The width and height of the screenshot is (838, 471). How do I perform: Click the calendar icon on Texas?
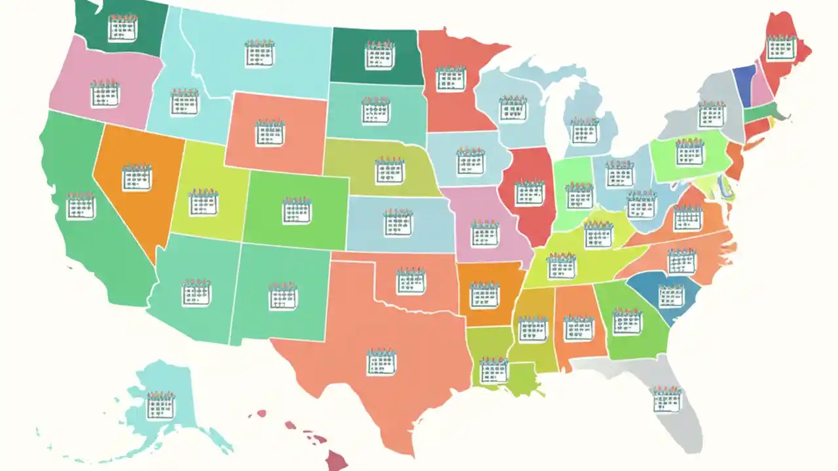click(381, 362)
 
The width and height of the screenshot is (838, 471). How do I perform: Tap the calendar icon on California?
click(81, 206)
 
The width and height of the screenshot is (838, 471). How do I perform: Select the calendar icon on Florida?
click(667, 399)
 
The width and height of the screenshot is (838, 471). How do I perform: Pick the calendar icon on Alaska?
click(160, 406)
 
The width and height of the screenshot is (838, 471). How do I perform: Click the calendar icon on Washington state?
click(122, 28)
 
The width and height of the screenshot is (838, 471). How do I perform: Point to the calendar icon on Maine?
click(781, 47)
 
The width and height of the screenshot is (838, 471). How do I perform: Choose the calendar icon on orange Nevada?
click(137, 177)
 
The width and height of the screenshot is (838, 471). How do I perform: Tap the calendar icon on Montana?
click(260, 53)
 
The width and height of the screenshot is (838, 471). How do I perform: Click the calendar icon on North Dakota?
click(380, 55)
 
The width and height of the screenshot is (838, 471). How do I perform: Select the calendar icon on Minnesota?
click(450, 78)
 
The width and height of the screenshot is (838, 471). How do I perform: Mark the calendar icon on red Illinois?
click(530, 193)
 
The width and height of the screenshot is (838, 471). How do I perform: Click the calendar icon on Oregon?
click(105, 93)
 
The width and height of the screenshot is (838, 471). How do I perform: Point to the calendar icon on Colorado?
click(297, 210)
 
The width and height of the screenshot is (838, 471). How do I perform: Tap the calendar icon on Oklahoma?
click(410, 281)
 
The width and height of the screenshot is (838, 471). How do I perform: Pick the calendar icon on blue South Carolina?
click(671, 295)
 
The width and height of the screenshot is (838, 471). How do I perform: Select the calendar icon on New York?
click(712, 114)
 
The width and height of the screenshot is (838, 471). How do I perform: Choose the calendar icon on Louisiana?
click(494, 370)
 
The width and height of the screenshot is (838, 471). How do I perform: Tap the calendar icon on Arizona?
click(196, 292)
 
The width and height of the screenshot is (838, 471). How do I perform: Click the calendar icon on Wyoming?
click(270, 133)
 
